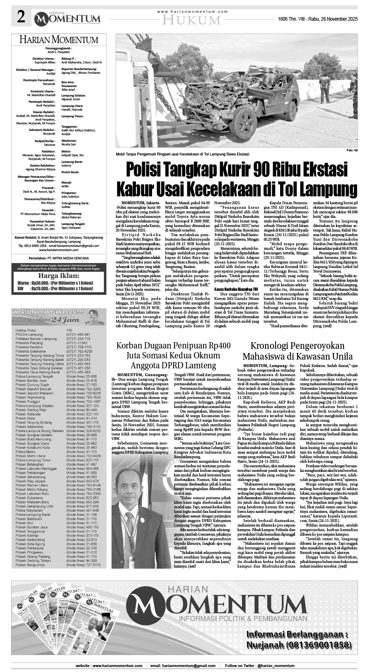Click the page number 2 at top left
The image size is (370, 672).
click(x=21, y=17)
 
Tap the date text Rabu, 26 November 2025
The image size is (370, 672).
click(x=329, y=19)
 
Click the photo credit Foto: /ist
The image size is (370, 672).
click(x=351, y=150)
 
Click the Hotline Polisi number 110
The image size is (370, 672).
click(x=70, y=330)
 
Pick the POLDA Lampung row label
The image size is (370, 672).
click(x=29, y=334)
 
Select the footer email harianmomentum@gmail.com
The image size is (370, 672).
click(x=183, y=665)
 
